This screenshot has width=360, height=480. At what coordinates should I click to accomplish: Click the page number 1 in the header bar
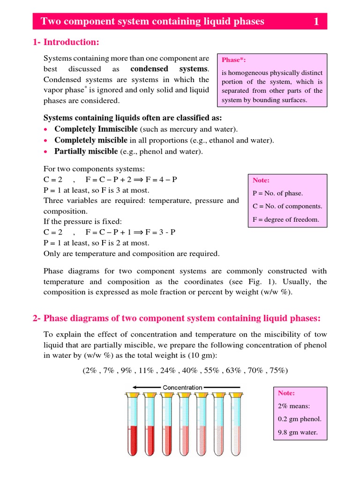(316, 21)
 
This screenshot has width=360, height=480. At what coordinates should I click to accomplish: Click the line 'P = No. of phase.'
(277, 193)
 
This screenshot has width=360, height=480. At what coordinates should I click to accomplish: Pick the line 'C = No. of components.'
(287, 206)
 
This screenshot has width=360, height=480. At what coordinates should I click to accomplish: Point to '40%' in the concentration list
(190, 370)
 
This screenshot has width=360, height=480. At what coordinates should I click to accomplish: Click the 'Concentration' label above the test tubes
(182, 388)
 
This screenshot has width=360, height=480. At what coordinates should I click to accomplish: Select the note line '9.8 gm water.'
(298, 432)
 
